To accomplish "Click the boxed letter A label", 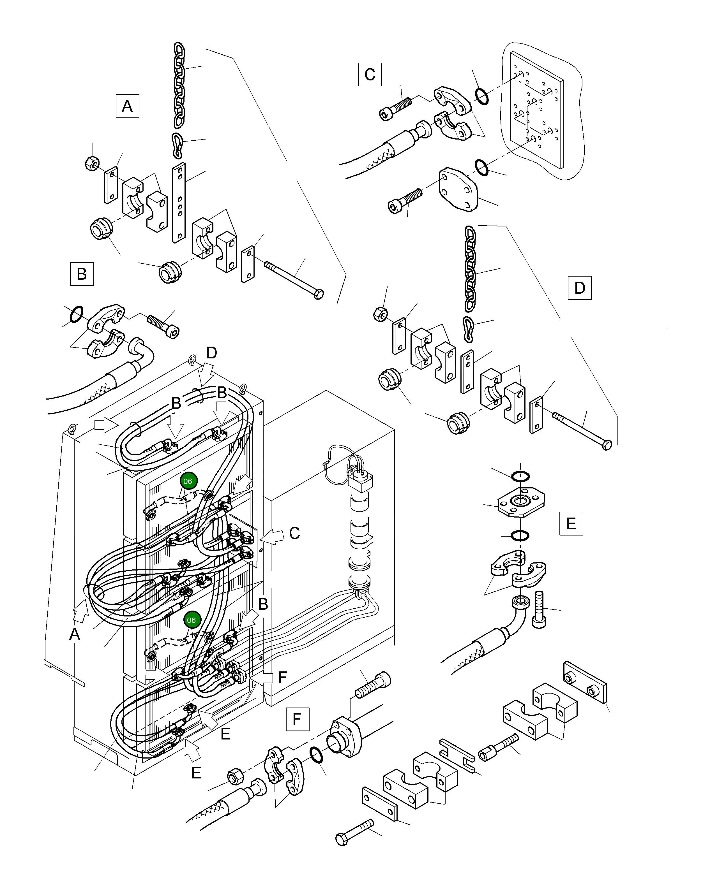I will (127, 106).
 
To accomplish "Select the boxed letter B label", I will (82, 274).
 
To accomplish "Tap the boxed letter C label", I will (370, 75).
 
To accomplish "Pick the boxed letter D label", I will (579, 288).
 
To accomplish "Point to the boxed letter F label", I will (297, 719).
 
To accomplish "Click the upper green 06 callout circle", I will (188, 481).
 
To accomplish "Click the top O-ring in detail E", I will (520, 476).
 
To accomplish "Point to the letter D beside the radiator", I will (211, 353).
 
